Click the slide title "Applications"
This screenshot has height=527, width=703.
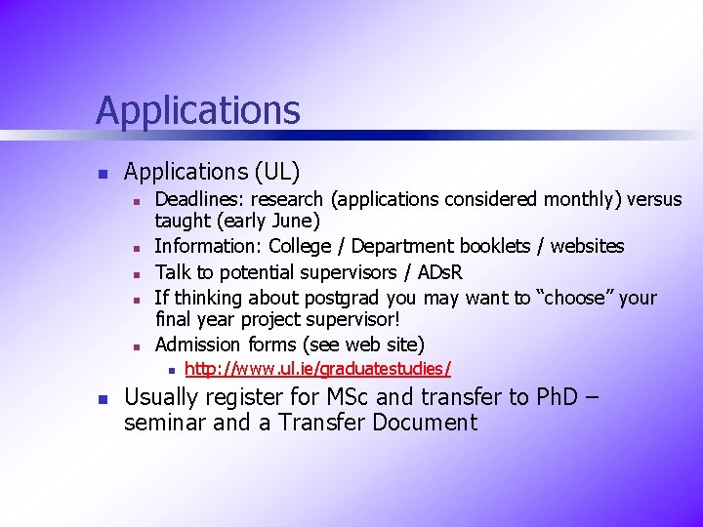(197, 109)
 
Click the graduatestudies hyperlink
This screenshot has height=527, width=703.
(317, 369)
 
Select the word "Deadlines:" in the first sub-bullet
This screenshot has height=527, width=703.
(199, 200)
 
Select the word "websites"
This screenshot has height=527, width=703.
(587, 246)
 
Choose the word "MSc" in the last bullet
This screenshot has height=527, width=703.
(334, 398)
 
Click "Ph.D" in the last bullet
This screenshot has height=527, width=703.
(561, 398)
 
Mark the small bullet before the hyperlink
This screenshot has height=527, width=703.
(170, 370)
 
